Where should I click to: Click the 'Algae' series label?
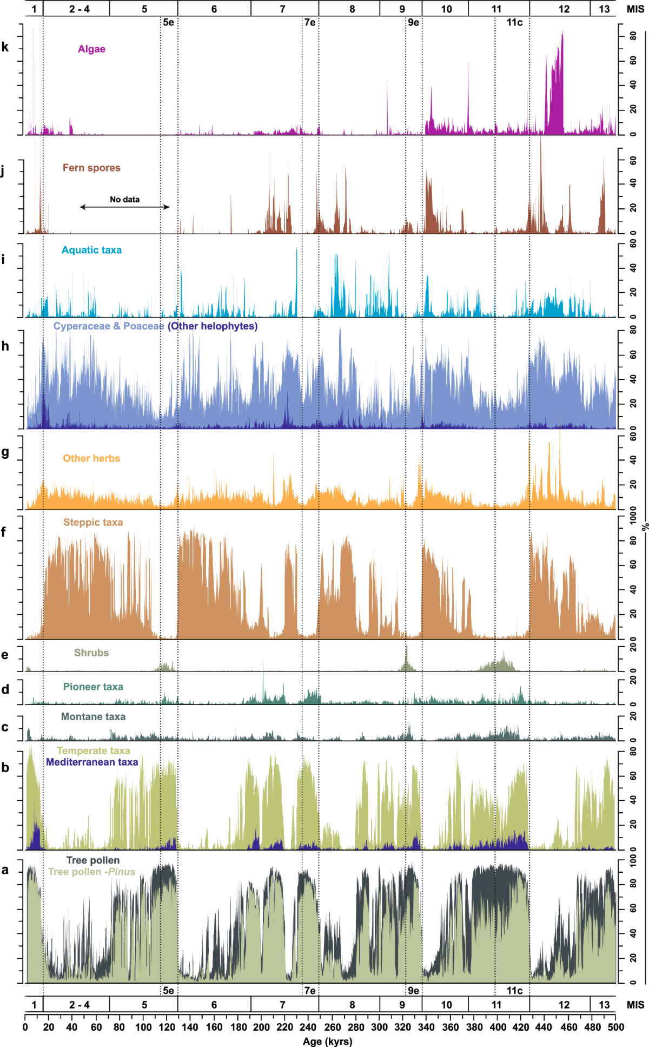[91, 49]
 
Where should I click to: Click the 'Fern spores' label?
[91, 168]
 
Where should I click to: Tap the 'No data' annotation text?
[124, 200]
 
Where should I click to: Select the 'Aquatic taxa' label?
[91, 250]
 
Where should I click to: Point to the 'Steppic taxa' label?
[93, 522]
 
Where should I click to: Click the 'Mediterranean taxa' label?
[92, 762]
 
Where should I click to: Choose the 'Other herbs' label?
[91, 458]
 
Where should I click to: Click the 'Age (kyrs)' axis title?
[327, 1041]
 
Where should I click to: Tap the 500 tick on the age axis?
[615, 1027]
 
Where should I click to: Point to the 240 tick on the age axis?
[308, 1027]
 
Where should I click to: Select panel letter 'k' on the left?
[5, 48]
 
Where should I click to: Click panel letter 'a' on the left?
[5, 870]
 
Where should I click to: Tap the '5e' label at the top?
[169, 22]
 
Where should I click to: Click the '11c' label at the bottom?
[514, 991]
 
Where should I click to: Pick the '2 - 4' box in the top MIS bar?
[80, 9]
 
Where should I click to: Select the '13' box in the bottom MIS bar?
[604, 1005]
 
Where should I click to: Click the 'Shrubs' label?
[91, 653]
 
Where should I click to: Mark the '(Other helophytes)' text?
[213, 326]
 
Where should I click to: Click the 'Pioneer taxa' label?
[93, 687]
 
